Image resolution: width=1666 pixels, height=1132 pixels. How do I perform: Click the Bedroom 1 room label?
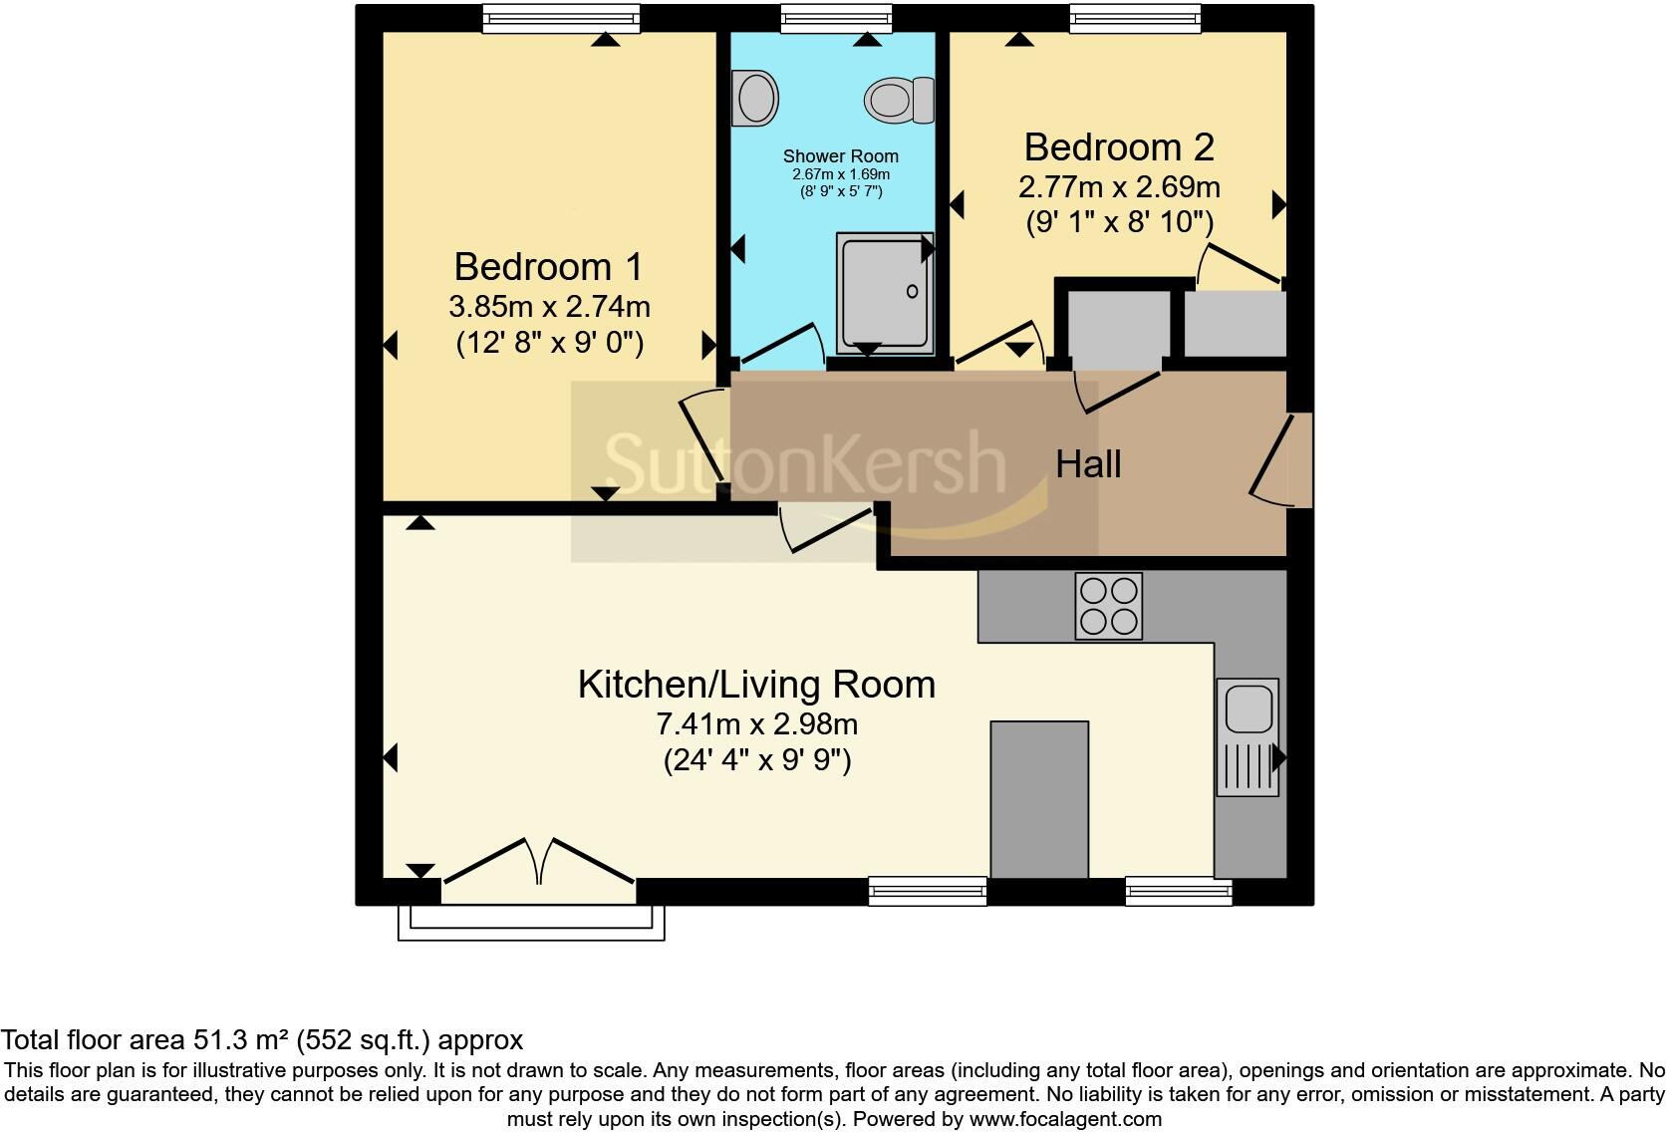point(548,267)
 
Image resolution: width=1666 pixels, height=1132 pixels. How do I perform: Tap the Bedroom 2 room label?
point(1119,147)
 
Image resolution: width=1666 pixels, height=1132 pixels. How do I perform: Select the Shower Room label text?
point(840,156)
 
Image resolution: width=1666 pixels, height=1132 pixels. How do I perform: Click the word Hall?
point(1088,464)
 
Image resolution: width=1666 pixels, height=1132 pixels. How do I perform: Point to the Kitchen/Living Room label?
point(756,685)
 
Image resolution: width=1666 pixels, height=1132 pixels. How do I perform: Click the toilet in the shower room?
point(896,100)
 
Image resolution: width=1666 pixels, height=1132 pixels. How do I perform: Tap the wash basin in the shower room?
point(754,98)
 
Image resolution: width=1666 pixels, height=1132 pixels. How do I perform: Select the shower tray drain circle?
point(912,292)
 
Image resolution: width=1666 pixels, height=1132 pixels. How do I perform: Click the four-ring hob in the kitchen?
point(1108,606)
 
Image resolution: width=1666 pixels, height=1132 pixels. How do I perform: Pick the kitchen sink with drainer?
point(1247,737)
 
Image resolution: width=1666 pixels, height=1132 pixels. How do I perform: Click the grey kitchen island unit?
point(1038,798)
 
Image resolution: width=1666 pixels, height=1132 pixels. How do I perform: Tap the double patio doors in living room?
point(539,861)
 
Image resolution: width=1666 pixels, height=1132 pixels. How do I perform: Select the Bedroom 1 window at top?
point(560,18)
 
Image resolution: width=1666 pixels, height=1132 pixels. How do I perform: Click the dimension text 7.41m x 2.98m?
point(756,723)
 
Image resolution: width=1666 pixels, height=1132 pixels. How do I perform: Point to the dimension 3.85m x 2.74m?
point(549,306)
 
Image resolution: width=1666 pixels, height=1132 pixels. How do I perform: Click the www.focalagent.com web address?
point(1064,1119)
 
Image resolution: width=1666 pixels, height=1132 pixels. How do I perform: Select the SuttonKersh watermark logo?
point(805,464)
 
